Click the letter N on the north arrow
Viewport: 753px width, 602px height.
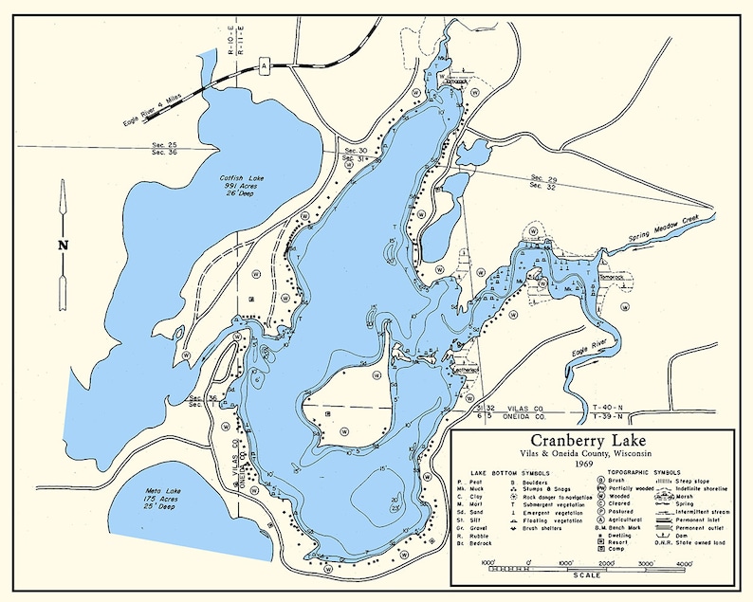(x=64, y=245)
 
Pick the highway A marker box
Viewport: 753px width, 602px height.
(x=265, y=64)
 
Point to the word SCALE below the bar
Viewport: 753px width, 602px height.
(x=587, y=576)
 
